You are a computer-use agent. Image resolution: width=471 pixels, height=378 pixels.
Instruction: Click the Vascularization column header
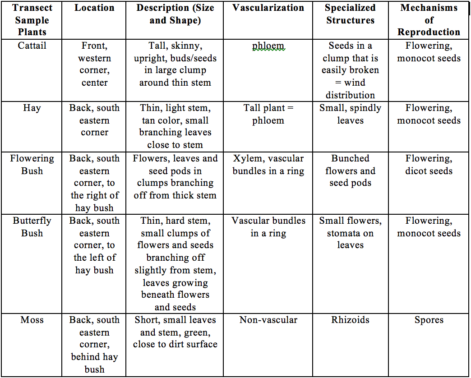point(268,8)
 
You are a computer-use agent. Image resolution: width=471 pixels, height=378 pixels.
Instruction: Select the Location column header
point(94,8)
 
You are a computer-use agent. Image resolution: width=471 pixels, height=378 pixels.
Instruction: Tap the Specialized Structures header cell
point(350,14)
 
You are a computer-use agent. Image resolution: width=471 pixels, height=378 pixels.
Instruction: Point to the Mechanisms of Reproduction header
point(429,20)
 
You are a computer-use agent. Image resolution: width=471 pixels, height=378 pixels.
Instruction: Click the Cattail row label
point(32,46)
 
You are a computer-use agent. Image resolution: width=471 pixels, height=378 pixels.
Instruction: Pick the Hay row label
point(32,108)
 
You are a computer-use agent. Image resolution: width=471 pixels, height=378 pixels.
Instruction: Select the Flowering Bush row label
point(32,165)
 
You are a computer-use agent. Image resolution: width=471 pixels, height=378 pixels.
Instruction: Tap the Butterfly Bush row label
point(32,227)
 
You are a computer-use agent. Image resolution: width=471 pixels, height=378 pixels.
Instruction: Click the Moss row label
point(32,320)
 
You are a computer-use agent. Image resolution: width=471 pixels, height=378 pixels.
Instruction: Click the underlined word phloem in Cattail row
point(268,46)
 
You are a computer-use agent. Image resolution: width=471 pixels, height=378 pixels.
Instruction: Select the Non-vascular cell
point(268,320)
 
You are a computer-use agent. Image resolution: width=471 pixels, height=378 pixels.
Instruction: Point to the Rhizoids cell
point(350,320)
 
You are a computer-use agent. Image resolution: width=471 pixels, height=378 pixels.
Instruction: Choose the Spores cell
point(429,320)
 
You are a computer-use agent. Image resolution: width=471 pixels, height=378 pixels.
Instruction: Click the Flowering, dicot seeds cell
point(429,165)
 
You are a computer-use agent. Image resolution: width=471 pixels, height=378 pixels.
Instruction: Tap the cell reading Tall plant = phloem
point(268,114)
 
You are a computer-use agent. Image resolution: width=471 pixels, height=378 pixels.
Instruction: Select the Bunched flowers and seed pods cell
point(350,171)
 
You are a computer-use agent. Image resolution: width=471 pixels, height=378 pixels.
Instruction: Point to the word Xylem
point(245,158)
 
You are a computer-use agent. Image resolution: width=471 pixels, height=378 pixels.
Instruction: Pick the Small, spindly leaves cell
point(350,114)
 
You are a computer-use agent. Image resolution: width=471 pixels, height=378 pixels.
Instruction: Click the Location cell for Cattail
point(94,64)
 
